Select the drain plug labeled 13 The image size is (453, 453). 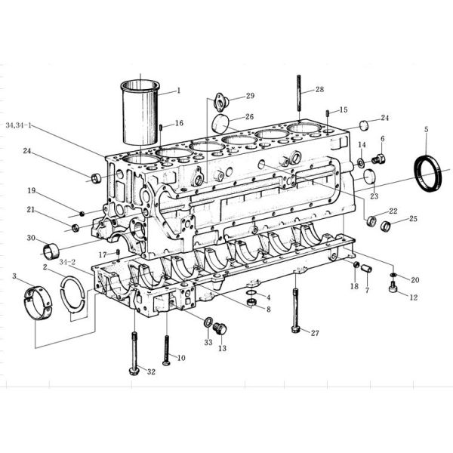point(220,329)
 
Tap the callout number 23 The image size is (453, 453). point(373,196)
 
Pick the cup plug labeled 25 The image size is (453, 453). point(386,226)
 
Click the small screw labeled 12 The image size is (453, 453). point(392,288)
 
